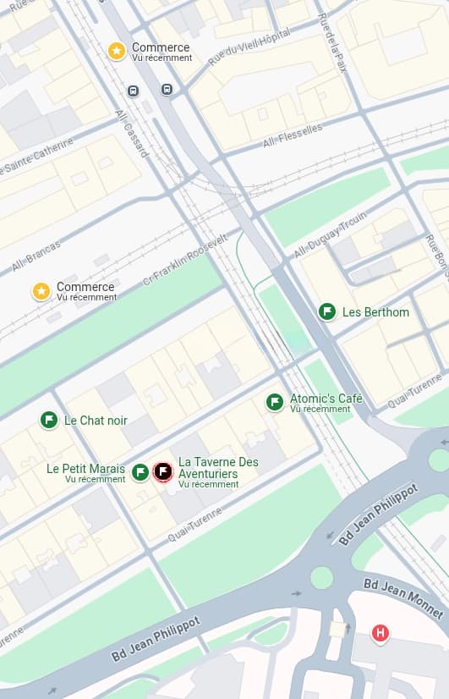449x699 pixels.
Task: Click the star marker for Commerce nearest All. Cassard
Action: [117, 52]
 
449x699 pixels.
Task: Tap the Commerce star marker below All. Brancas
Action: [41, 292]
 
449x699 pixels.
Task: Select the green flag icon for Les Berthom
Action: [327, 312]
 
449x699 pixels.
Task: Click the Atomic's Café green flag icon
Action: [275, 402]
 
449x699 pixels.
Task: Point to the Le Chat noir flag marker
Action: [49, 420]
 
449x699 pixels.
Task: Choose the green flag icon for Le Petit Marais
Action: [140, 472]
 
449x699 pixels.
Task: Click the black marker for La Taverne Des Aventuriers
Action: [162, 471]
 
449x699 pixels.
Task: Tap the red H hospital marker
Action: [381, 632]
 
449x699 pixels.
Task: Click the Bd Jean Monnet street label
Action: [403, 597]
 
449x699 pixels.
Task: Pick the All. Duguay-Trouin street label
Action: [330, 234]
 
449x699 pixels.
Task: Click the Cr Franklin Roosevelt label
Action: [185, 259]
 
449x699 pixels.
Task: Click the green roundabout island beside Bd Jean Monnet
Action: [321, 578]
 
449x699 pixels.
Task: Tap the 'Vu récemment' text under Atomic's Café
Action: [320, 410]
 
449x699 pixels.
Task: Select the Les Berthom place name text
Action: [375, 312]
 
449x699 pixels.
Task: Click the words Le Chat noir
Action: [96, 420]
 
